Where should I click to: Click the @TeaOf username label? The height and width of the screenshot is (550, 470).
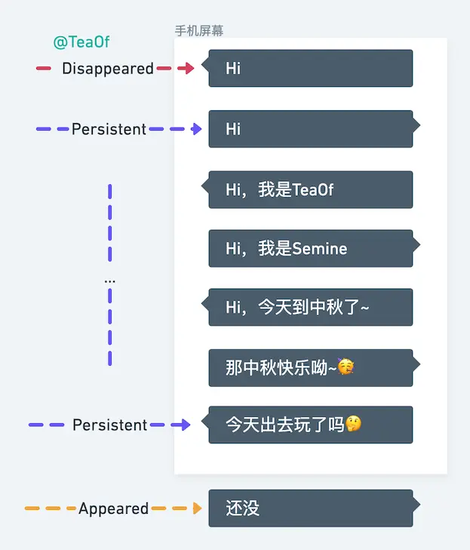click(81, 42)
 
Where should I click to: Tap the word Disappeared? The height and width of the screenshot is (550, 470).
click(108, 69)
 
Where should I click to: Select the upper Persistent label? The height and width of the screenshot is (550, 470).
click(109, 129)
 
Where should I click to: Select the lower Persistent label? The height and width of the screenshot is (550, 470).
click(110, 425)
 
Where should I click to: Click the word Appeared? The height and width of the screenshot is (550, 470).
click(113, 509)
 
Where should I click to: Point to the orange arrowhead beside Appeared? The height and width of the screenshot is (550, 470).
click(198, 509)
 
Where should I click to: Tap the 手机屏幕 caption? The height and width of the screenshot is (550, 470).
click(199, 31)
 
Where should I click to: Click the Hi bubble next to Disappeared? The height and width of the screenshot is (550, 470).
click(311, 68)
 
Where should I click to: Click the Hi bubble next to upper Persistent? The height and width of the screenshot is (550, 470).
click(311, 129)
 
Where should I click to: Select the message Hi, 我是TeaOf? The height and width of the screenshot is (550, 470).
click(311, 190)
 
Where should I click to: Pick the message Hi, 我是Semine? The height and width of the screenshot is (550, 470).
click(311, 249)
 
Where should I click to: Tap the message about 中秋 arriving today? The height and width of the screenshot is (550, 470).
click(311, 307)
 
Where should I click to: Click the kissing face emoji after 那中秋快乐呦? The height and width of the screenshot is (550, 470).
click(346, 368)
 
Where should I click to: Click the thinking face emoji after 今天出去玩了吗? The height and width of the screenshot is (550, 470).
click(353, 425)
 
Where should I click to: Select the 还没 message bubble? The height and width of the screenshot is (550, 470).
click(311, 508)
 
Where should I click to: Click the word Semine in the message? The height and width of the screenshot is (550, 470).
click(319, 249)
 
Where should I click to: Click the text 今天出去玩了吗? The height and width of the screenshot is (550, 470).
click(285, 425)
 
